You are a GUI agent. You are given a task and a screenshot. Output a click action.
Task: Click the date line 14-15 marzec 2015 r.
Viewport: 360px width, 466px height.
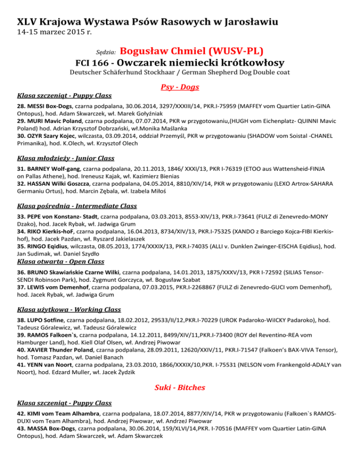54,33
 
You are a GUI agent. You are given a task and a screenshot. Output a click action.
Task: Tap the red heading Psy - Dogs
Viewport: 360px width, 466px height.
180,87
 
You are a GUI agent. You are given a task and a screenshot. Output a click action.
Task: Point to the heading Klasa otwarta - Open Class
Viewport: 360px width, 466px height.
60,261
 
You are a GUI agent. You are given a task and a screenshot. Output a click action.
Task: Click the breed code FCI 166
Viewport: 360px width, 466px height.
92,62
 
